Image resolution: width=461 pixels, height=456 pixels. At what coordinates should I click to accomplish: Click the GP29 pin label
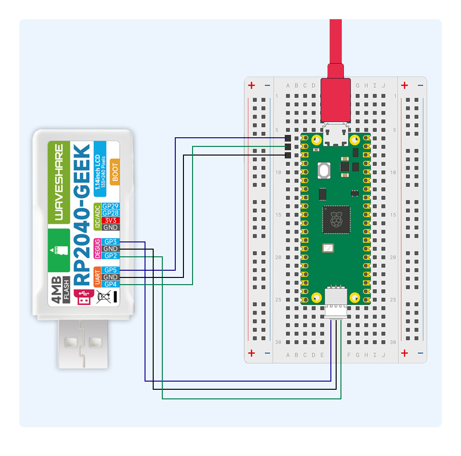tap(111, 206)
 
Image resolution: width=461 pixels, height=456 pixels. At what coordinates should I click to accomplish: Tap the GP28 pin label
tap(111, 213)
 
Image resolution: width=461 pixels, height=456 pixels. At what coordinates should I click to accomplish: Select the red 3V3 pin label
tap(111, 220)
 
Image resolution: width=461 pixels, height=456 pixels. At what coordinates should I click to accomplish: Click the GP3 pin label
tap(111, 242)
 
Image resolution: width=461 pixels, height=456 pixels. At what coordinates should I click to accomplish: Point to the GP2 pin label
tap(111, 256)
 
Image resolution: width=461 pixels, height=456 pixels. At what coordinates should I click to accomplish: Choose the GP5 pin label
tap(111, 270)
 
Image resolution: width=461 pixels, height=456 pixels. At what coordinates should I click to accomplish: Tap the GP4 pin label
tap(111, 285)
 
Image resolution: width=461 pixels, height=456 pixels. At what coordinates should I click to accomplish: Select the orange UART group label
tap(97, 277)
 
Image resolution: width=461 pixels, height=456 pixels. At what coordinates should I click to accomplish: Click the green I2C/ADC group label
tap(97, 216)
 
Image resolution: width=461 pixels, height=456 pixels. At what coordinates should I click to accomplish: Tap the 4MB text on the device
tap(56, 290)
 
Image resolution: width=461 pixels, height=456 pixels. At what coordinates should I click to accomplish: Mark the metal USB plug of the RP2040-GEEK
tap(84, 343)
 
